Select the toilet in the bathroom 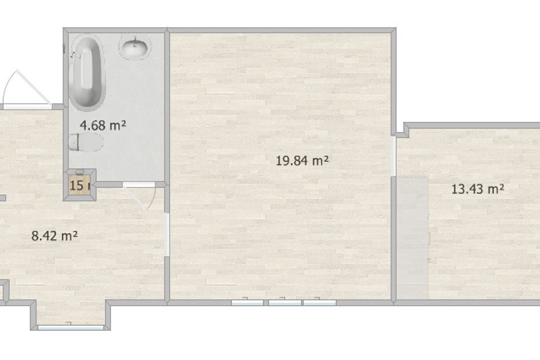tap(87, 142)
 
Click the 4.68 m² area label tap(103, 125)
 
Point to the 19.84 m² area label tap(303, 161)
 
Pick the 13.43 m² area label tap(478, 189)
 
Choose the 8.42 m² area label tap(55, 235)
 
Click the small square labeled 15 tap(77, 185)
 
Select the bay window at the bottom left tap(70, 328)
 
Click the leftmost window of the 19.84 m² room tap(247, 303)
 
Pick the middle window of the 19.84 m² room tap(284, 303)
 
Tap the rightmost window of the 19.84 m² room tap(319, 303)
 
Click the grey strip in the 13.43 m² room tap(412, 238)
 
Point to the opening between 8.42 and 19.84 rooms tap(167, 233)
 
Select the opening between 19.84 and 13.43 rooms tap(394, 156)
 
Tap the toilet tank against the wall tap(74, 142)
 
